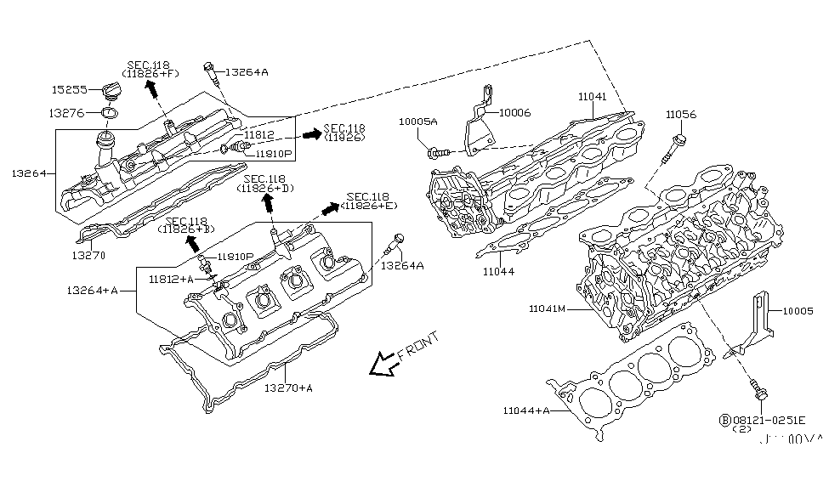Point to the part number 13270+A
tap(288, 388)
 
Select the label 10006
tap(516, 111)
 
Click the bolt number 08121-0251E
tap(769, 420)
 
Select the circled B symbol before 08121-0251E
tap(724, 420)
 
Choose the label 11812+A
tap(170, 278)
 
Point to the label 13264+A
tap(93, 290)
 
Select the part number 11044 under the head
tap(499, 271)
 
